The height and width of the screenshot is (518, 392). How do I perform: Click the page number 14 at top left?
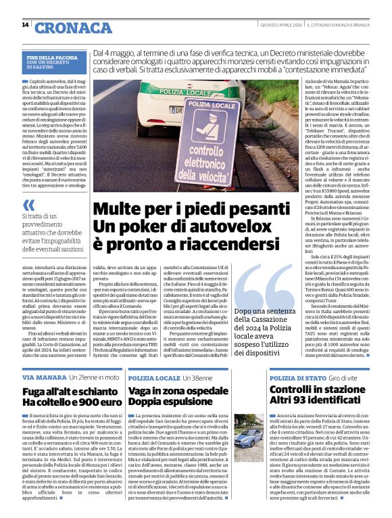25,25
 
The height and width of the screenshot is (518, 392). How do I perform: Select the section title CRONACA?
65,28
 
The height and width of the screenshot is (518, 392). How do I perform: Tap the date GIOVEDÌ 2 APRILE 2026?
280,25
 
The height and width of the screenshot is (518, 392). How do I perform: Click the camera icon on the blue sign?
213,125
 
